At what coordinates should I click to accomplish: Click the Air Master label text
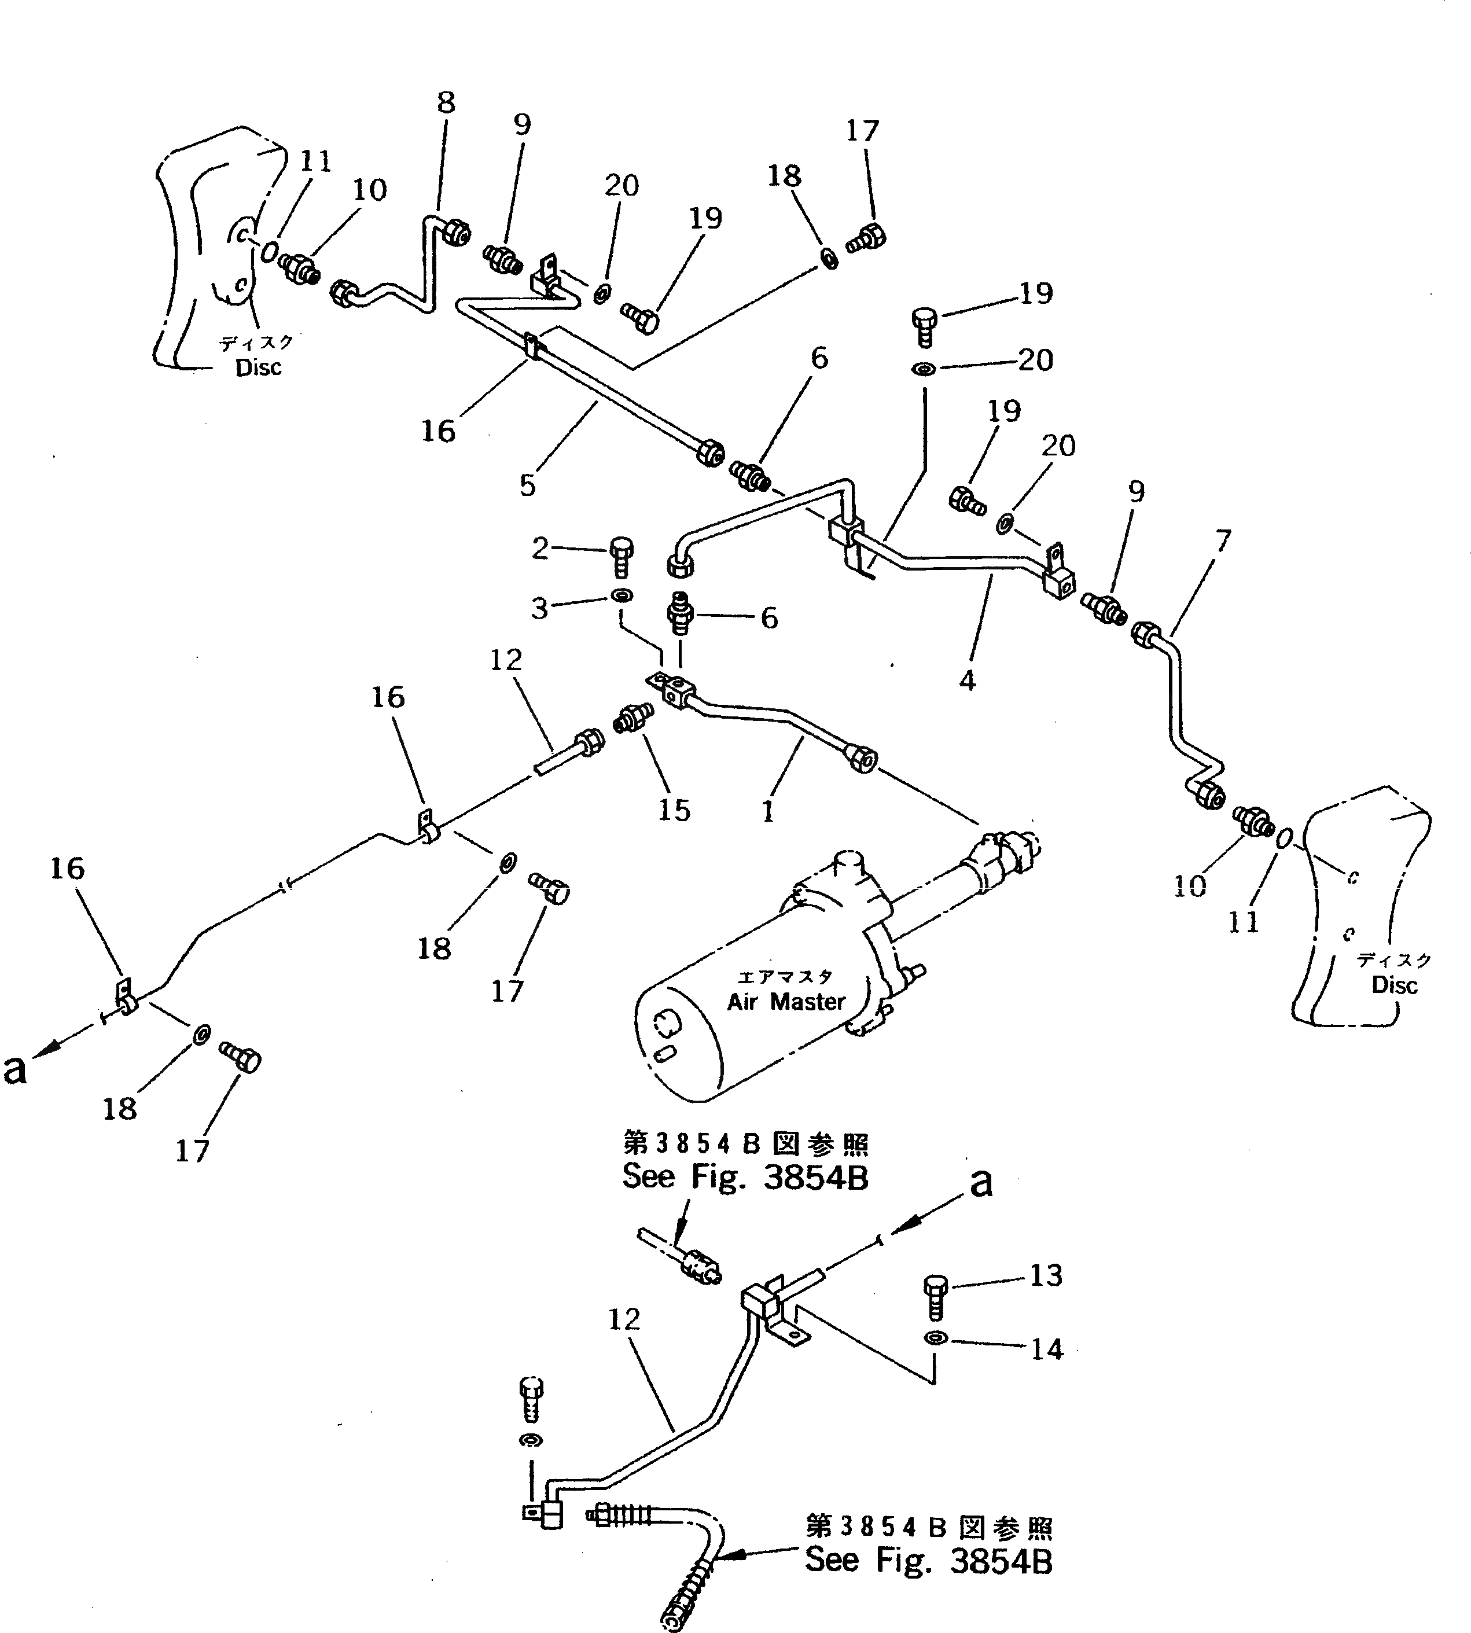click(786, 1002)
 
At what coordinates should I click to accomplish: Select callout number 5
click(527, 485)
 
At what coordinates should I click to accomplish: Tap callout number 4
click(968, 681)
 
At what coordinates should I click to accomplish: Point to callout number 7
click(1223, 540)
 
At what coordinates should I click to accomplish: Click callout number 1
click(768, 811)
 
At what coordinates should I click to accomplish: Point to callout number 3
click(540, 608)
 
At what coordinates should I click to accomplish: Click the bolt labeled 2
click(621, 556)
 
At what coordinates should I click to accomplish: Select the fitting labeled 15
click(630, 718)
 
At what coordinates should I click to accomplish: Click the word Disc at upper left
click(259, 367)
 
